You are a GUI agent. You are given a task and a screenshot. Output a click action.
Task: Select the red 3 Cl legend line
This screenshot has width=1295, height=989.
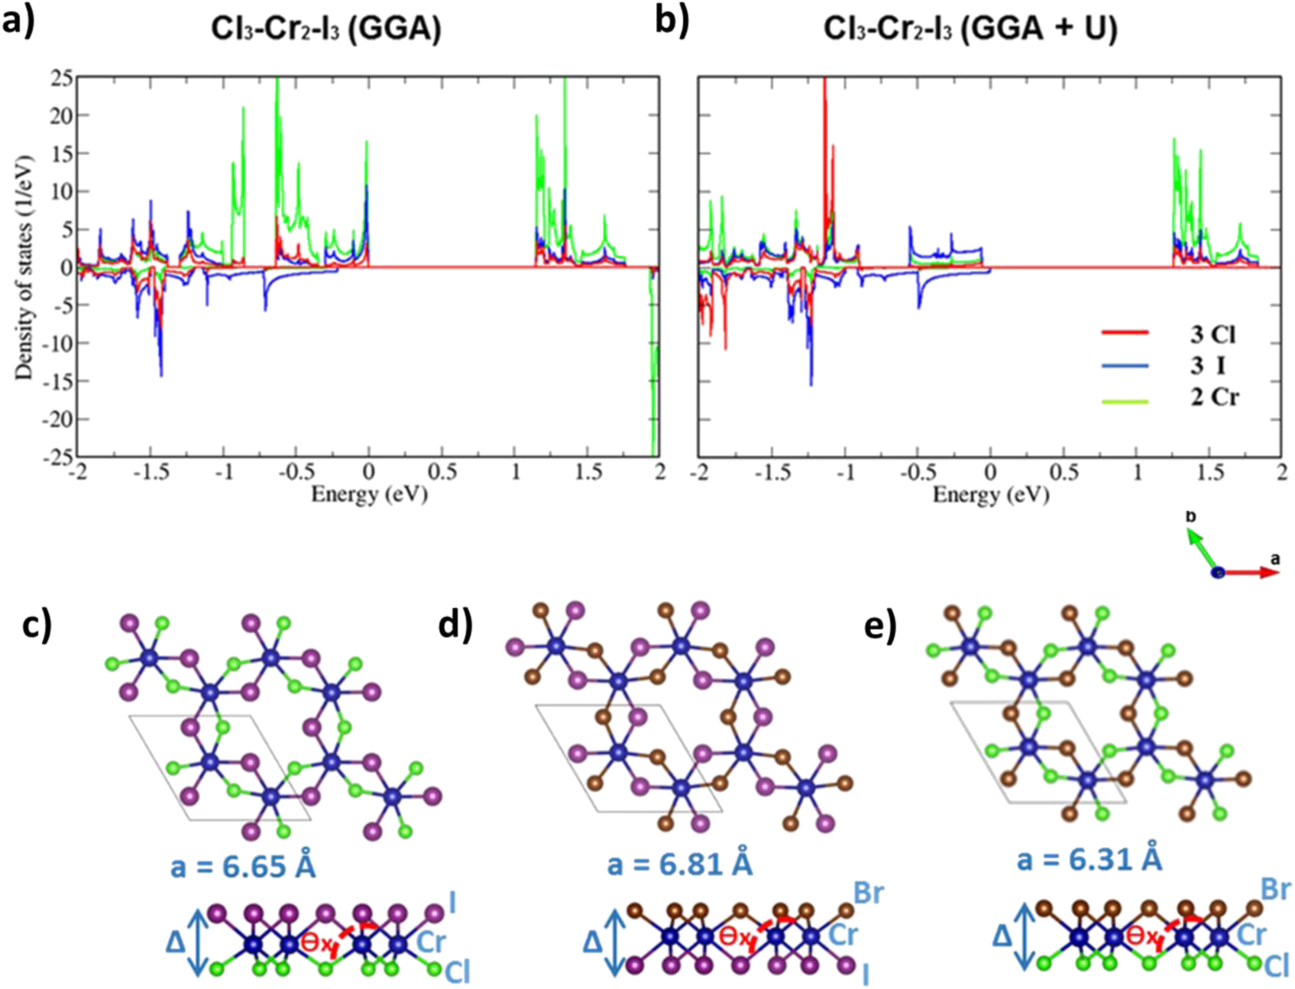coord(1125,333)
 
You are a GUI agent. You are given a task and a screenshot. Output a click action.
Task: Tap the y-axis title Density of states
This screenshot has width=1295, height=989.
coord(24,268)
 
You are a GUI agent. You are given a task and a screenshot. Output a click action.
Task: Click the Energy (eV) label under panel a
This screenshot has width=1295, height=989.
coord(369,494)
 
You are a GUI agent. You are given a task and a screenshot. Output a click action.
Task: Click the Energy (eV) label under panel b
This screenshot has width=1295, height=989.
coord(990,494)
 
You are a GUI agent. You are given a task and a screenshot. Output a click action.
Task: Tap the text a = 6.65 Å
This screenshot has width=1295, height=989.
coord(243,867)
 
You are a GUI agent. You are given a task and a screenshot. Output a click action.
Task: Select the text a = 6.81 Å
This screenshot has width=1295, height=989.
coord(679,865)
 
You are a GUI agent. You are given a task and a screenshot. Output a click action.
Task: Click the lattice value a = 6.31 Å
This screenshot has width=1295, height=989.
coord(1089,859)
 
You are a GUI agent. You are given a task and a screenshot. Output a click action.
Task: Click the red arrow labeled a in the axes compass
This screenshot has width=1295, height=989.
coord(1253,571)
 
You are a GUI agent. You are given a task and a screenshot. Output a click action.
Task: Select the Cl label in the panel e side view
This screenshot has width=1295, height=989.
coord(1276,966)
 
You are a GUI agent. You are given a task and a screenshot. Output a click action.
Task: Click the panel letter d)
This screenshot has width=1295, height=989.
coord(456,625)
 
